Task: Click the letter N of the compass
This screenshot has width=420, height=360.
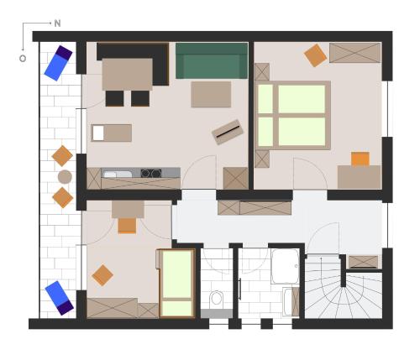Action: click(57, 23)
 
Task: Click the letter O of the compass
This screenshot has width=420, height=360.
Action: click(23, 59)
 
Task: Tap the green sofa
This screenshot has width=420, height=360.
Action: click(212, 60)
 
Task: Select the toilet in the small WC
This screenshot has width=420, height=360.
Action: click(217, 299)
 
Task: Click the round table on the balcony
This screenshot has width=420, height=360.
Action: click(65, 177)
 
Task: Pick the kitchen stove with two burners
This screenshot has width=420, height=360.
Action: click(151, 173)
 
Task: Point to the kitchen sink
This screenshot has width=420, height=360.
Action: click(118, 175)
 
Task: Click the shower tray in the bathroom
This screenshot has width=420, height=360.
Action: click(285, 266)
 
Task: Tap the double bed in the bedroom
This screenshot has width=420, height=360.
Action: click(293, 115)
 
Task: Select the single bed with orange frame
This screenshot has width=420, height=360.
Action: click(177, 284)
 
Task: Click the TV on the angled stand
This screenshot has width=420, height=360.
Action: click(228, 132)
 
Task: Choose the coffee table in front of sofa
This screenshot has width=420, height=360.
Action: click(211, 94)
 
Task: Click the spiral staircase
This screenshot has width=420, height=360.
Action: click(343, 291)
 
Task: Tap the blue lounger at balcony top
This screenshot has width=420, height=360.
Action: click(58, 63)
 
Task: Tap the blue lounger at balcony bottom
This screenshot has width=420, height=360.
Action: click(60, 298)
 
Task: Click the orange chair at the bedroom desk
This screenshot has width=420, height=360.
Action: click(360, 159)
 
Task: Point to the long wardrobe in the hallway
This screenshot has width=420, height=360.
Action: click(255, 208)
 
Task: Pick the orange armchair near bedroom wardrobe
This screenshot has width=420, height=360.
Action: click(315, 55)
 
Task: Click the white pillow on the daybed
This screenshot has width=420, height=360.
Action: click(98, 133)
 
